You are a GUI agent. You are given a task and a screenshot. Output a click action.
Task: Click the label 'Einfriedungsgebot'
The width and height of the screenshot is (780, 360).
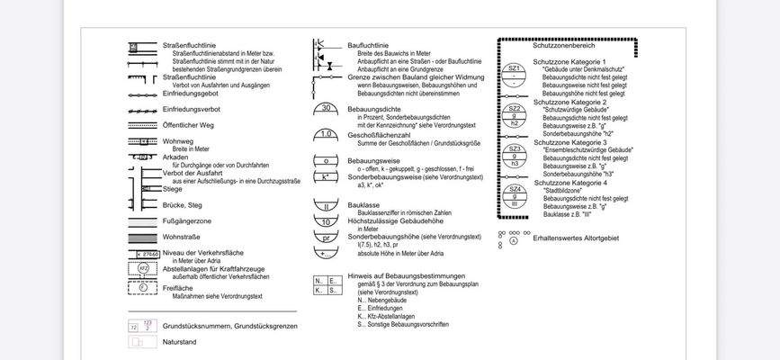pyautogui.click(x=191, y=93)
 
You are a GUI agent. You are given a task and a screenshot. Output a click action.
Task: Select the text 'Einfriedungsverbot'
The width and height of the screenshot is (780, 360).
pyautogui.click(x=192, y=109)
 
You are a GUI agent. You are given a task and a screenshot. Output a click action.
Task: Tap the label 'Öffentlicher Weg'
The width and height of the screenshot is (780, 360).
pyautogui.click(x=189, y=125)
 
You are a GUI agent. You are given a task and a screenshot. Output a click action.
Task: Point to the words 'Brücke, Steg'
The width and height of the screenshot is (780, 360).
pyautogui.click(x=183, y=205)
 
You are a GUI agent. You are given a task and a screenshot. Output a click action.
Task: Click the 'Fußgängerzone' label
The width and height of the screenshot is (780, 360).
pyautogui.click(x=186, y=221)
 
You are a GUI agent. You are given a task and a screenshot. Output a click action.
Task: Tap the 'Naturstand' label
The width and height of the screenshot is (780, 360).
pyautogui.click(x=179, y=342)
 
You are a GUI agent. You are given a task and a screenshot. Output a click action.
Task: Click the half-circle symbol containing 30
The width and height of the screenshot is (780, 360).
pyautogui.click(x=328, y=109)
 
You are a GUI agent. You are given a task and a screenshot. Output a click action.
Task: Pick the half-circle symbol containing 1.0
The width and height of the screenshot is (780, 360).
pyautogui.click(x=328, y=134)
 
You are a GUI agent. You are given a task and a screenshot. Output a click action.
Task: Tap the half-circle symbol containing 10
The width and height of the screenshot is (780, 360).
pyautogui.click(x=328, y=221)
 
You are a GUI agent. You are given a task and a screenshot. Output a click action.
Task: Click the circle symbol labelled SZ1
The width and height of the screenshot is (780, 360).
pyautogui.click(x=515, y=72)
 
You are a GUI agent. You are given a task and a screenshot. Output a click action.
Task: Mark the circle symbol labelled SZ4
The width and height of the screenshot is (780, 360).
pyautogui.click(x=515, y=193)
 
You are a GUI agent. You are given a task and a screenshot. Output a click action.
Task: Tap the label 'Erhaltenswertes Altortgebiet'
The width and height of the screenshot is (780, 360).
pyautogui.click(x=577, y=238)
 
